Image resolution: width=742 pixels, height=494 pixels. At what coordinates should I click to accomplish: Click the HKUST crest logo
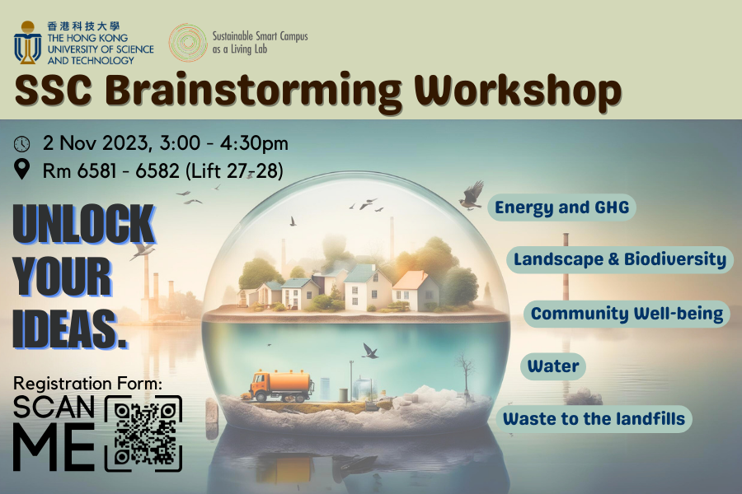pos(28,42)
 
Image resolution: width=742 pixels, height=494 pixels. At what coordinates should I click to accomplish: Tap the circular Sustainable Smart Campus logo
pos(188,42)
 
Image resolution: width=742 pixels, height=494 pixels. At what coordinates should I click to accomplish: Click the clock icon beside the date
pos(22,144)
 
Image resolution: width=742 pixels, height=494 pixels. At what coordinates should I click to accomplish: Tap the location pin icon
pos(22,170)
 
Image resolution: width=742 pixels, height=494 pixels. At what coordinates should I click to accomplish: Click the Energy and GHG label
pos(561,207)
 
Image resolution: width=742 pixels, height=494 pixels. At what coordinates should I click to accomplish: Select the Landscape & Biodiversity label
pos(620,260)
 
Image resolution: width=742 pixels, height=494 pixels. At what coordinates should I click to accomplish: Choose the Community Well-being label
pos(627,314)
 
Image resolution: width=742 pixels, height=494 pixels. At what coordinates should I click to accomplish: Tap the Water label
pos(553,366)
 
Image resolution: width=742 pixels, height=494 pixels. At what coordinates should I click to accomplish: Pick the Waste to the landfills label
pos(594,418)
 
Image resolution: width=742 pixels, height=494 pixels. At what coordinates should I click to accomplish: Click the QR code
pos(143,434)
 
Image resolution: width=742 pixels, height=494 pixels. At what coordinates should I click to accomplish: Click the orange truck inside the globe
pos(280,384)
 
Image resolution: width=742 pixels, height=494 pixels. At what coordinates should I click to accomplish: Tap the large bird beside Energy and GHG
pos(471,196)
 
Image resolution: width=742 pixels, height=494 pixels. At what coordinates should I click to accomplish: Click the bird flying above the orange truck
pos(370,351)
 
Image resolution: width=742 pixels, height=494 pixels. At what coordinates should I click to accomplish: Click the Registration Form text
pos(88,384)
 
